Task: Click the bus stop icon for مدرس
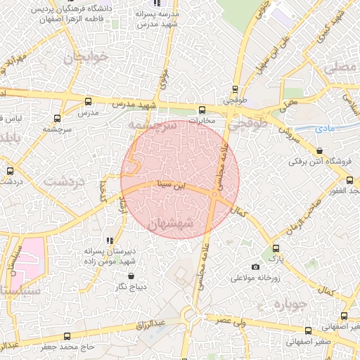tap(88, 101)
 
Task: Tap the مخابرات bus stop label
tap(202, 120)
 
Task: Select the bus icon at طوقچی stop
tap(236, 89)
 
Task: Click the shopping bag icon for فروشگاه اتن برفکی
tap(321, 150)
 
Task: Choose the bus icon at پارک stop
tap(275, 248)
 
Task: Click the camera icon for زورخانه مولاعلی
tap(255, 266)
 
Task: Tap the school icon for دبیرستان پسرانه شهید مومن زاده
tap(110, 240)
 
